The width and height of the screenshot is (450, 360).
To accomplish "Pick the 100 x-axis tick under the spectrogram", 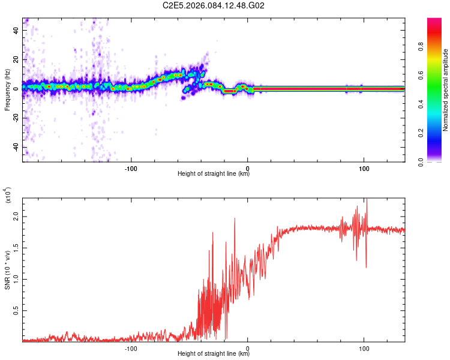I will click(x=364, y=168).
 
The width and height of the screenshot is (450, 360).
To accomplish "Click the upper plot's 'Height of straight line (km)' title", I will click(x=214, y=174).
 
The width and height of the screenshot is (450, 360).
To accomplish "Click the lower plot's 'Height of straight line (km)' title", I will click(x=214, y=353).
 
